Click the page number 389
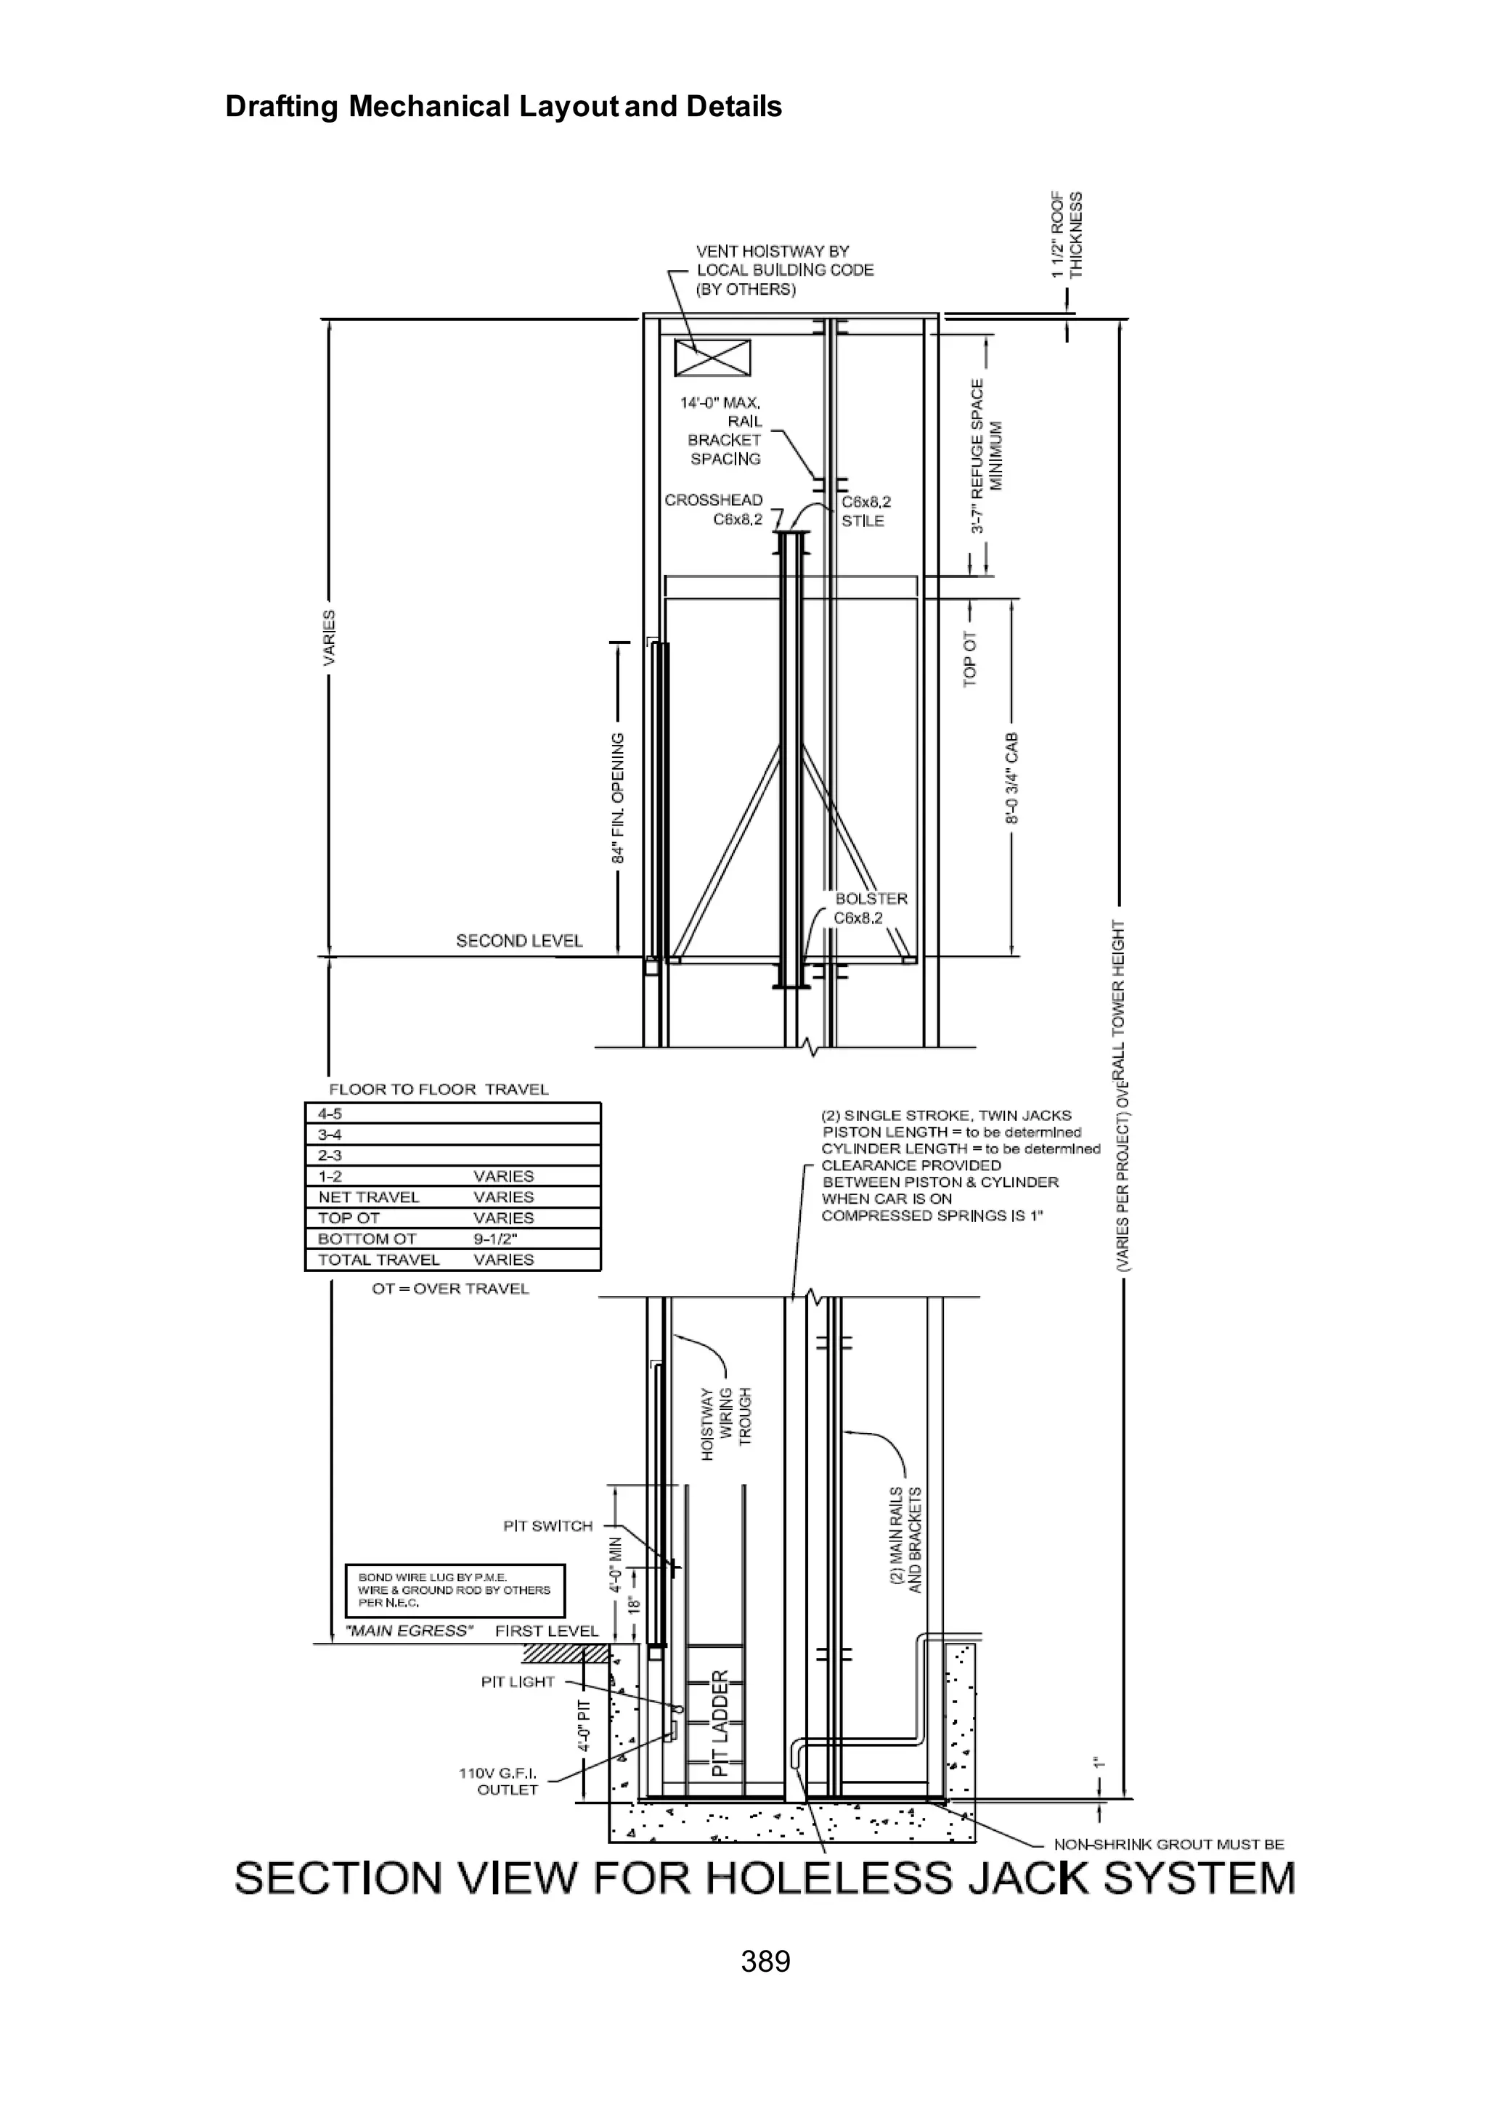pyautogui.click(x=765, y=1960)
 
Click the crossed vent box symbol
pyautogui.click(x=712, y=357)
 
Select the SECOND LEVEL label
pyautogui.click(x=519, y=940)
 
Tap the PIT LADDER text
pyautogui.click(x=720, y=1723)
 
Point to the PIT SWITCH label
pyautogui.click(x=547, y=1525)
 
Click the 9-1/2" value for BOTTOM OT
pyautogui.click(x=495, y=1239)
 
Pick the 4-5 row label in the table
pyautogui.click(x=330, y=1113)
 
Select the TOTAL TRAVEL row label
pyautogui.click(x=378, y=1260)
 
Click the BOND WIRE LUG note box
pyautogui.click(x=454, y=1590)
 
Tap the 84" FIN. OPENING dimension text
pyautogui.click(x=619, y=797)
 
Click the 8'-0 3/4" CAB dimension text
pyautogui.click(x=1011, y=778)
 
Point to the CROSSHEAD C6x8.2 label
pyautogui.click(x=714, y=510)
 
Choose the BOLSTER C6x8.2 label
pyautogui.click(x=870, y=908)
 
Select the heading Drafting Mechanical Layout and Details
pyautogui.click(x=504, y=107)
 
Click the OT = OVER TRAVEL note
pyautogui.click(x=450, y=1288)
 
